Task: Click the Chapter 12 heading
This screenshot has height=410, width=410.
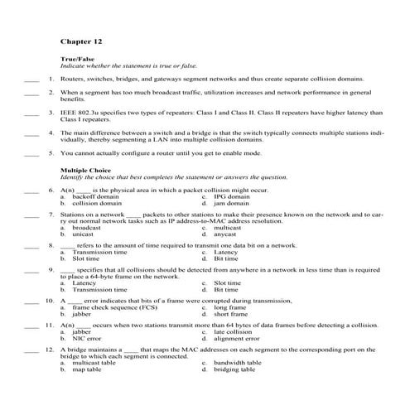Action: pyautogui.click(x=81, y=39)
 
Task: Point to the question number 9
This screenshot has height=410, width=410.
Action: pyautogui.click(x=51, y=269)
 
